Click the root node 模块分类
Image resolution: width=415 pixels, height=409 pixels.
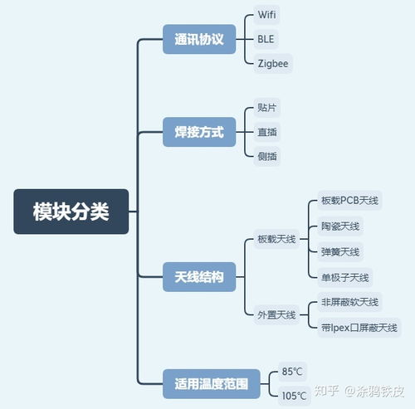(x=71, y=212)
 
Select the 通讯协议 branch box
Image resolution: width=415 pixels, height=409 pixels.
(x=199, y=39)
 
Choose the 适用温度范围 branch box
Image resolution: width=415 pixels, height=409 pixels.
(x=211, y=384)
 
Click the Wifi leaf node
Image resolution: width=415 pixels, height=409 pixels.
(x=268, y=16)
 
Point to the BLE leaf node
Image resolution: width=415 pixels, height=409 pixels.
(x=267, y=39)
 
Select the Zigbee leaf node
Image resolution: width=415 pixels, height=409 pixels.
(x=274, y=62)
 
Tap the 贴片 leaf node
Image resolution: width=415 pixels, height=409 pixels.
(x=268, y=108)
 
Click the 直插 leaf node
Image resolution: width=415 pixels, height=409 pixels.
(x=268, y=131)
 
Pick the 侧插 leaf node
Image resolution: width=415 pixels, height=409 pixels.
(x=268, y=154)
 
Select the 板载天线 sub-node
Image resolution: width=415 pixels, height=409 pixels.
(x=276, y=239)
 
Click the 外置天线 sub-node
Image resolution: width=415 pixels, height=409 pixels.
(x=276, y=314)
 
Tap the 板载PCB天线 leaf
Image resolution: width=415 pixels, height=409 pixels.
(x=349, y=201)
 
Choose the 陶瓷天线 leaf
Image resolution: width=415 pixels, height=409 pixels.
(x=340, y=226)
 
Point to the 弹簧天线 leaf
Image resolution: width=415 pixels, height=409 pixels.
(x=340, y=251)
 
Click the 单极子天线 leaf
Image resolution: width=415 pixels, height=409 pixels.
(x=345, y=277)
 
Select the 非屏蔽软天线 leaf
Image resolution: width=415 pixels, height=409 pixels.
(x=349, y=302)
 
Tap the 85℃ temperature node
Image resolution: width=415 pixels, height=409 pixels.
(x=293, y=372)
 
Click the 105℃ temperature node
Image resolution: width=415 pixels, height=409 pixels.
(x=295, y=395)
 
